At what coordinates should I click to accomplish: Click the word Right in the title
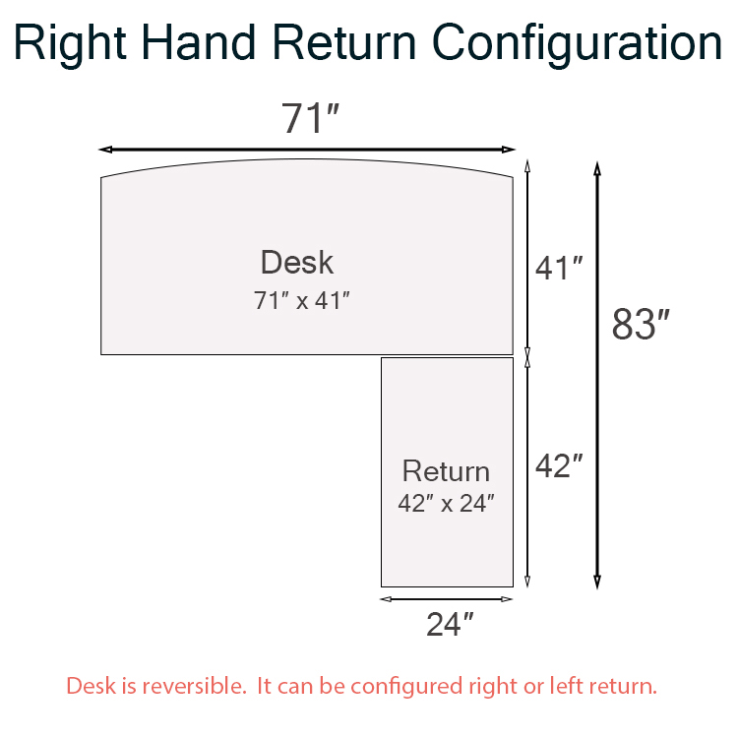(70, 44)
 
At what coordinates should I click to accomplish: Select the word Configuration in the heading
(577, 44)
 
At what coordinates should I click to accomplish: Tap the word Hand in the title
(198, 42)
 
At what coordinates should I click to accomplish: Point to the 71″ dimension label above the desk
(310, 118)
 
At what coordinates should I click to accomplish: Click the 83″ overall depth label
(641, 324)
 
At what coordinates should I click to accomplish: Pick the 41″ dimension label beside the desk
(559, 269)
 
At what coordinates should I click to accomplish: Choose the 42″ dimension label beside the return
(559, 466)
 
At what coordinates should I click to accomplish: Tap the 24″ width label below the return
(450, 624)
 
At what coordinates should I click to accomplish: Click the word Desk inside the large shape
(297, 262)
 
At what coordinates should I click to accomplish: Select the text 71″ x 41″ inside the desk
(302, 300)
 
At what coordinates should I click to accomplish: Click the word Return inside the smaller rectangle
(446, 471)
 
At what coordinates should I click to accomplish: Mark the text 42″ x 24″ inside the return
(446, 503)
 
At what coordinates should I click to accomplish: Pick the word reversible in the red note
(195, 686)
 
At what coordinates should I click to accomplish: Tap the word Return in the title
(344, 42)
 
